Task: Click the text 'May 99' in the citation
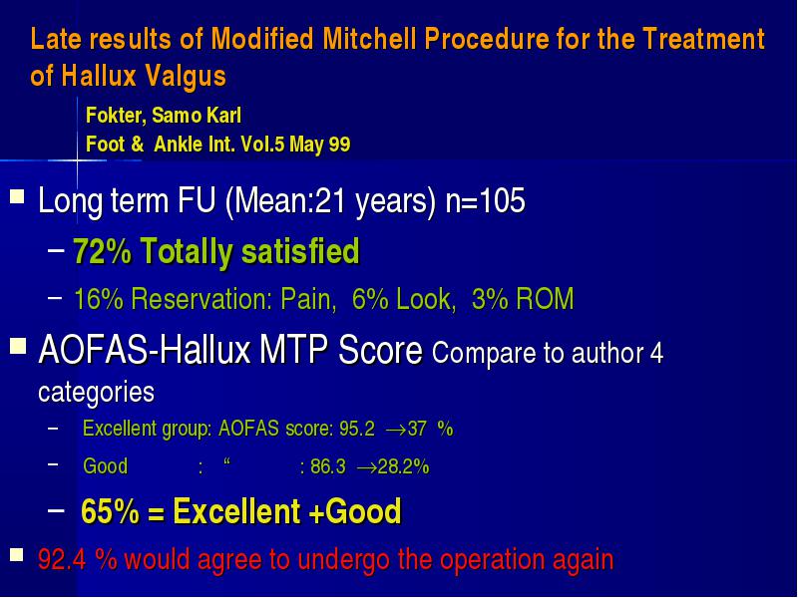coord(319,145)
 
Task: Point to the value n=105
coord(485,200)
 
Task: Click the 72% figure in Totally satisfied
coord(103,251)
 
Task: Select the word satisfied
coord(301,251)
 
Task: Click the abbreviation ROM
coord(545,298)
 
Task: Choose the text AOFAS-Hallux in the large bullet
coord(145,350)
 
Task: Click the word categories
coord(96,392)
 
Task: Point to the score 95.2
coord(357,429)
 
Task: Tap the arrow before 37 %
coord(396,431)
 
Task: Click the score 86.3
coord(328,466)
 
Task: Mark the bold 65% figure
coord(110,511)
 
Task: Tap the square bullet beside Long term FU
coord(17,195)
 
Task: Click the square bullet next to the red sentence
coord(17,555)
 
